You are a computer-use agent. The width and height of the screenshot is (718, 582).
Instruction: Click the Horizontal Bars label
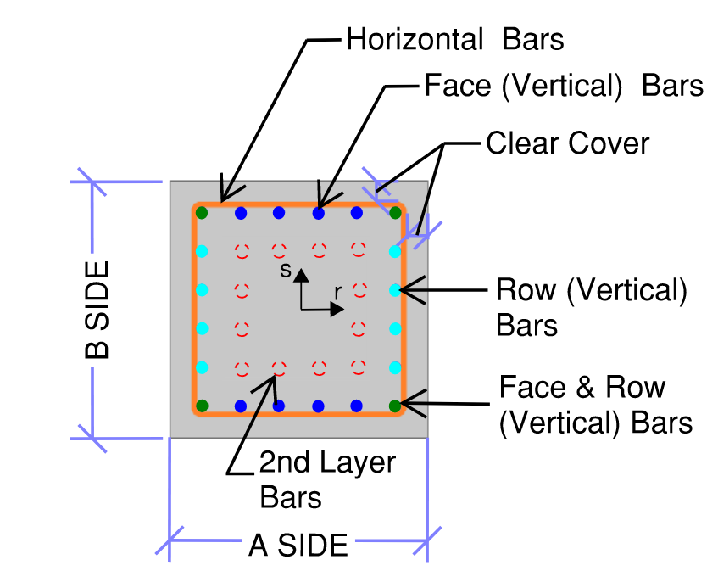(x=454, y=39)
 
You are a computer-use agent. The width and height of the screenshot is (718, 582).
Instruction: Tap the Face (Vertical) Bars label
(x=563, y=86)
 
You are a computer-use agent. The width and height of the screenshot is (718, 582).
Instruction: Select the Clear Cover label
(x=567, y=143)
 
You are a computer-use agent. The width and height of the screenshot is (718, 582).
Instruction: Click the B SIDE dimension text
(x=98, y=311)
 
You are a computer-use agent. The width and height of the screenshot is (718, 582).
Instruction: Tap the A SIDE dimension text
(x=298, y=545)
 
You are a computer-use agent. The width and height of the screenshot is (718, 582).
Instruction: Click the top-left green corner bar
(x=202, y=213)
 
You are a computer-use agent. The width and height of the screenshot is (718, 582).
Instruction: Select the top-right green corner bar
(x=395, y=213)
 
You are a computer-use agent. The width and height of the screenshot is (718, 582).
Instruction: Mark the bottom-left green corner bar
(x=202, y=406)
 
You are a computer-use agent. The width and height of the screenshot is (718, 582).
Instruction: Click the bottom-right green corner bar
(x=395, y=406)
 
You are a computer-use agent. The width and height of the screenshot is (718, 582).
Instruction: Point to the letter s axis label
(x=287, y=270)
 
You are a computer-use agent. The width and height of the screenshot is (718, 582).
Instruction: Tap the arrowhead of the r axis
(x=337, y=310)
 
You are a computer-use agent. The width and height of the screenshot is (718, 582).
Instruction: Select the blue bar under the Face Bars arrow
(x=319, y=213)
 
